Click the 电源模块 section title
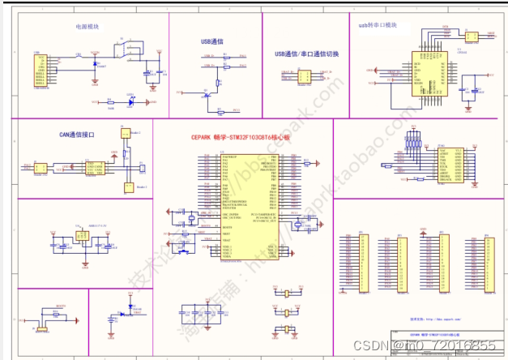[88, 26]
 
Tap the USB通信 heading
[212, 41]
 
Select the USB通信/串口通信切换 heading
[307, 54]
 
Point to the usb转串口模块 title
[378, 25]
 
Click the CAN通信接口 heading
[77, 135]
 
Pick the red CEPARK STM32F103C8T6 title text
[235, 138]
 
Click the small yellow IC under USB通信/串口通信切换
[305, 76]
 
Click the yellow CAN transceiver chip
[95, 168]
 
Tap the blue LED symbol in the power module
[130, 102]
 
